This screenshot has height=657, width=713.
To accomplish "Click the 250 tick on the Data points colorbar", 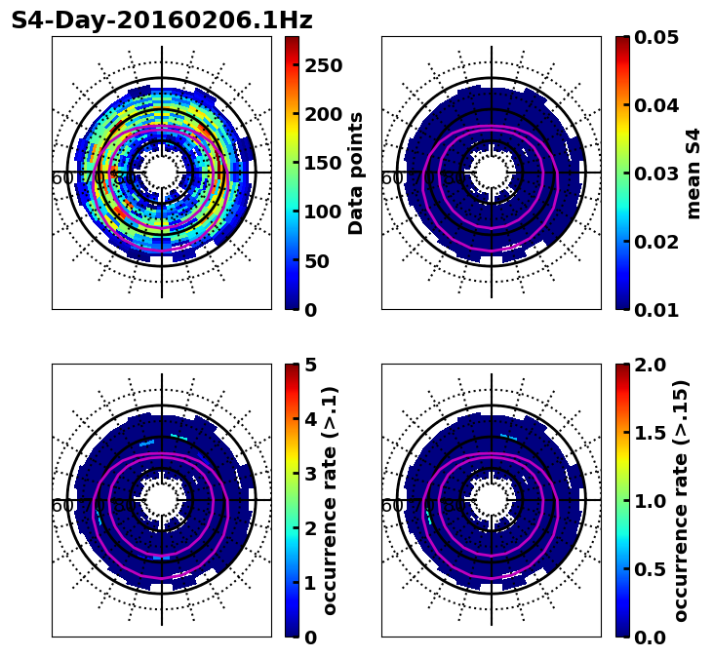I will pos(322,65).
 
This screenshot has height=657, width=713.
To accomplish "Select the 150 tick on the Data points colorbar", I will pos(322,163).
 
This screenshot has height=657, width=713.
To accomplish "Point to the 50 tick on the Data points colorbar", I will pos(322,261).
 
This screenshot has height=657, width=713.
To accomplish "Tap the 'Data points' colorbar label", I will pos(356,173).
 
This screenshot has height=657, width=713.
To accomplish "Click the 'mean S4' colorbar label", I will pos(693,173).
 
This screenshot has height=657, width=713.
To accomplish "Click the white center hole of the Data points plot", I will pos(162,173).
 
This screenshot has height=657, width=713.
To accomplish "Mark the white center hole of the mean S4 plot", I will pos(492,173).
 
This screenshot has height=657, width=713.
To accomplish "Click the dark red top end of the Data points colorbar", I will pos(292,40).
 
